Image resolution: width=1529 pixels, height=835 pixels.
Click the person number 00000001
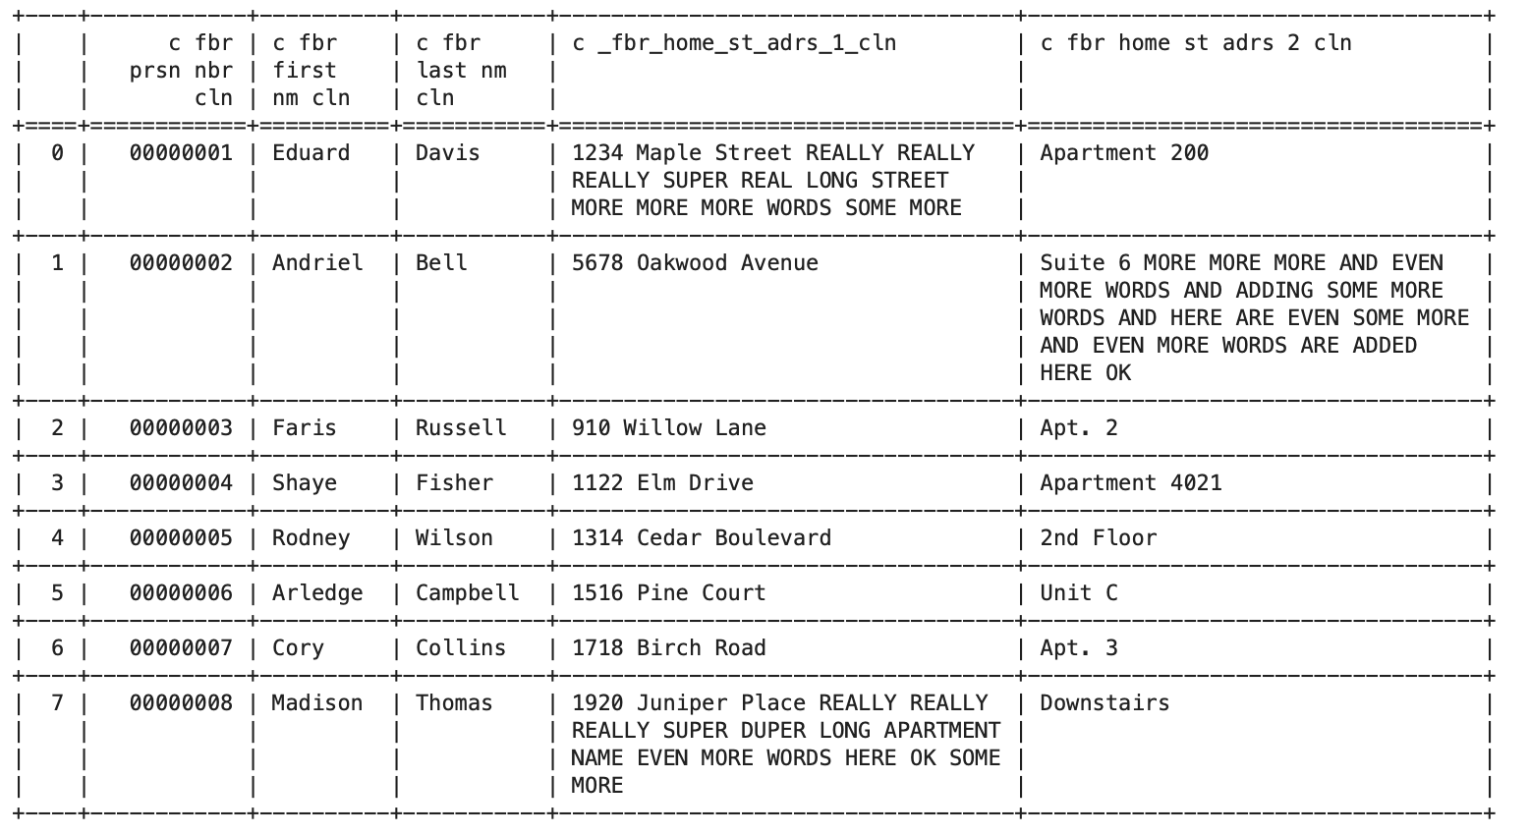click(x=181, y=153)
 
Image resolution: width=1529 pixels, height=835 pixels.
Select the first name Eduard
click(x=311, y=153)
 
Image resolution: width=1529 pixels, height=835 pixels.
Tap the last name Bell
click(x=441, y=262)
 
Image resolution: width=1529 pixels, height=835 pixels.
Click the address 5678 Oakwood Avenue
click(x=695, y=262)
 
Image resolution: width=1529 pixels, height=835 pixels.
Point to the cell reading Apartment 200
click(x=1124, y=153)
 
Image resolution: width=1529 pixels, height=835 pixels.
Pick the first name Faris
click(x=305, y=427)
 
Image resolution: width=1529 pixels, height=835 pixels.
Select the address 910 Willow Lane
click(x=669, y=427)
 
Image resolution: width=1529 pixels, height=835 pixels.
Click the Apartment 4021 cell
click(x=1131, y=483)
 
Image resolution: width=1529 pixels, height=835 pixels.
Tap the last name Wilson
click(x=454, y=537)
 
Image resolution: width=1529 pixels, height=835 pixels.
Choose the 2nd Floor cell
click(x=1099, y=537)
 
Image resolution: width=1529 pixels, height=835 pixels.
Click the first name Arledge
click(x=317, y=592)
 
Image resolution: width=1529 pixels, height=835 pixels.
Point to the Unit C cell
click(x=1079, y=592)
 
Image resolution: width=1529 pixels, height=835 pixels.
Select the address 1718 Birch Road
click(x=669, y=648)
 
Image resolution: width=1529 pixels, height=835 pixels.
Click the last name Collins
click(x=461, y=648)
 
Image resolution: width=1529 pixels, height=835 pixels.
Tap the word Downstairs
click(x=1104, y=702)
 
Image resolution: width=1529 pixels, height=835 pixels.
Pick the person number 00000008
click(x=181, y=702)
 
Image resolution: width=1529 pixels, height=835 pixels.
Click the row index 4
click(x=57, y=537)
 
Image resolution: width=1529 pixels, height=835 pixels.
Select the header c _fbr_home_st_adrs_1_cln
click(x=734, y=43)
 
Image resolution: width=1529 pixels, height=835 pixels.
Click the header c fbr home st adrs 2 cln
click(x=1196, y=43)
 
